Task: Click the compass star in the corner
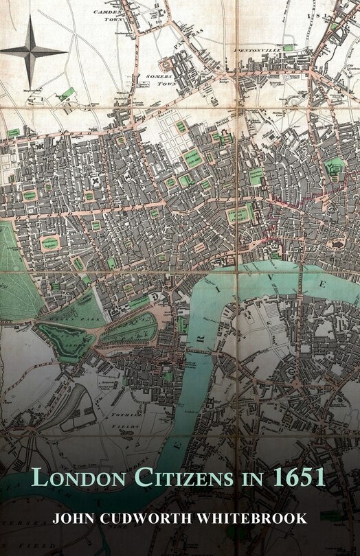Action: (31, 48)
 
